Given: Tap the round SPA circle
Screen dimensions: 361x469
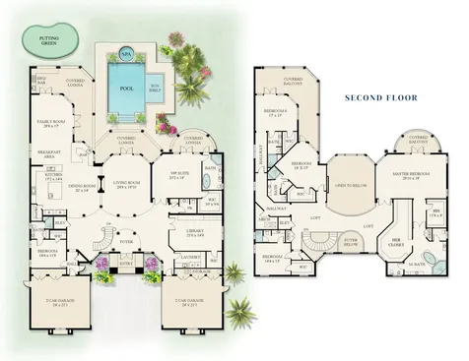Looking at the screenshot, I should pyautogui.click(x=126, y=55).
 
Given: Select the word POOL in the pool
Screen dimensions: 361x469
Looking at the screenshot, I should pyautogui.click(x=125, y=85).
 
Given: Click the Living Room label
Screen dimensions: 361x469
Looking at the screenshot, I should pyautogui.click(x=126, y=184).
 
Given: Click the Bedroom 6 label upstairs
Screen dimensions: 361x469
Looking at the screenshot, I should pyautogui.click(x=280, y=112).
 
